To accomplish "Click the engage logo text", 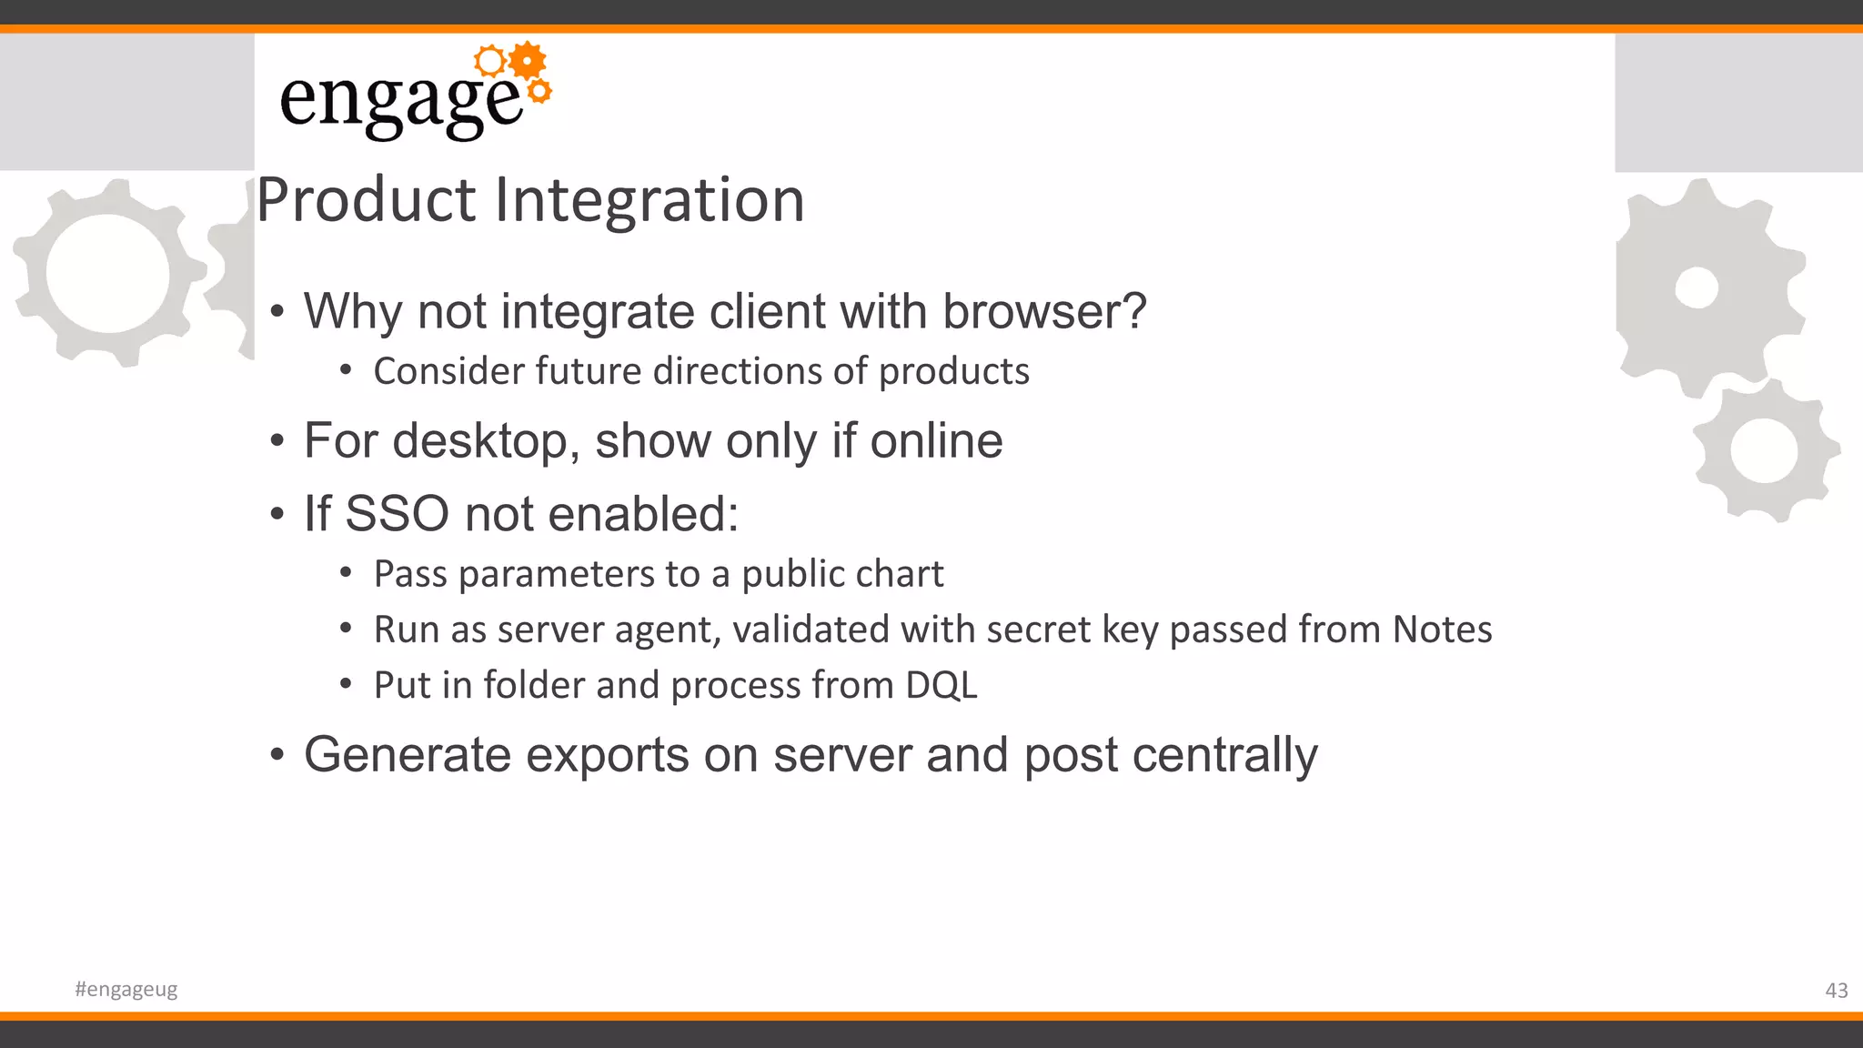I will click(x=400, y=100).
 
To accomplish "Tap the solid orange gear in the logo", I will click(x=528, y=61).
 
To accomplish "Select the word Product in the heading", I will click(x=366, y=200).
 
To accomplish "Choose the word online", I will click(x=936, y=441).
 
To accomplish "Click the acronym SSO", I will click(x=397, y=514).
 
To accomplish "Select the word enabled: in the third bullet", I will click(x=644, y=514).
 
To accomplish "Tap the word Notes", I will click(x=1442, y=630).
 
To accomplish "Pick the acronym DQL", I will click(x=942, y=685).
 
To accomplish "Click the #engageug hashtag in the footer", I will click(x=126, y=989).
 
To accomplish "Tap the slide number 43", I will click(x=1836, y=991).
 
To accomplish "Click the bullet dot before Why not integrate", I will click(x=277, y=313).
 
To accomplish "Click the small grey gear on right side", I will click(x=1765, y=450).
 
